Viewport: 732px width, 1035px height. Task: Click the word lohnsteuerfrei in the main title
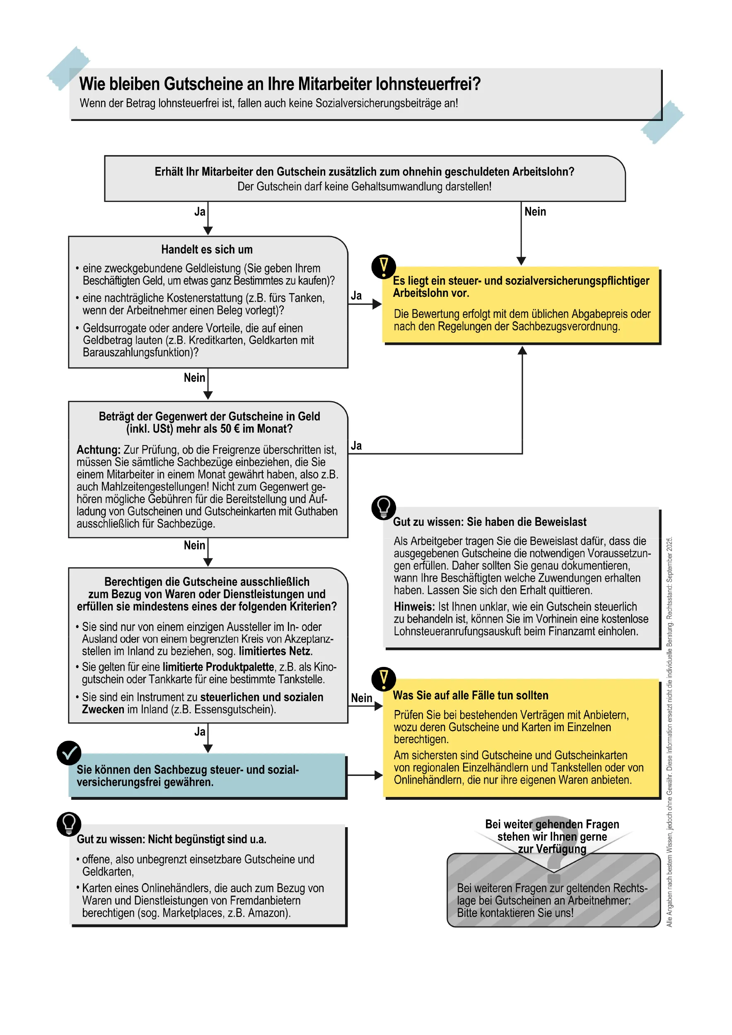tap(428, 84)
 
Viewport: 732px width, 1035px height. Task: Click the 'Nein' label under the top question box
tap(535, 212)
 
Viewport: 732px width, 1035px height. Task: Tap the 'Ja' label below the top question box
tap(200, 212)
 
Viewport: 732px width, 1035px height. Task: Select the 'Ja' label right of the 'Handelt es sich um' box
tap(356, 296)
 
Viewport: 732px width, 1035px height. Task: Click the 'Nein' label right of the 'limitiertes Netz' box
tap(361, 698)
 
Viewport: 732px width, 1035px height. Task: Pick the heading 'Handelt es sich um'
tap(207, 249)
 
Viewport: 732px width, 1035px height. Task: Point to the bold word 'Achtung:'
tap(98, 450)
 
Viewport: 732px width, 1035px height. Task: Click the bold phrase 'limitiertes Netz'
tap(275, 651)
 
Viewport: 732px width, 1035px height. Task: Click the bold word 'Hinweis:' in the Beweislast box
tap(413, 607)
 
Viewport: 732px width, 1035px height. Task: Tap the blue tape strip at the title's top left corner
tap(68, 67)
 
